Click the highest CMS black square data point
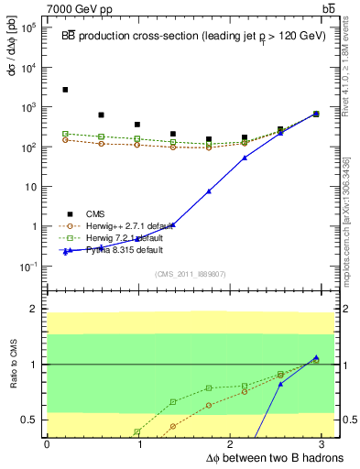(x=65, y=90)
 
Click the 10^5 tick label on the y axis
(x=28, y=27)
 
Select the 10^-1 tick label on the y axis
(x=28, y=266)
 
